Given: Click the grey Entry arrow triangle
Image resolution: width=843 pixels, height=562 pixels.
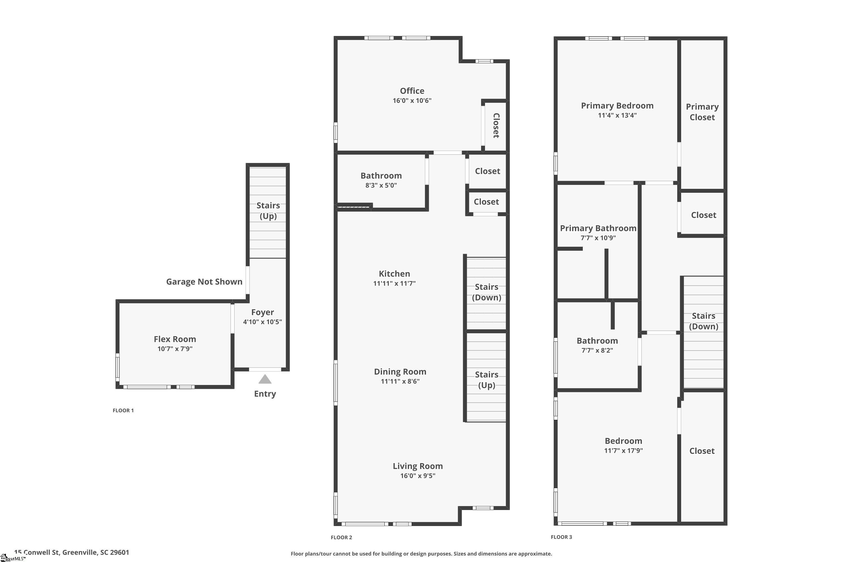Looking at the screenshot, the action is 265,379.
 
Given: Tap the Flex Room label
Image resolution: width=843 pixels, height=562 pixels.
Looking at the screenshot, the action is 175,339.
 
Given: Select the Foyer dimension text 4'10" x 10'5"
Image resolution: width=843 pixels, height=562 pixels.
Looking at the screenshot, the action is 262,322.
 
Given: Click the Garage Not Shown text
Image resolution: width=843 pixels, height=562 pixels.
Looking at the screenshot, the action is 204,282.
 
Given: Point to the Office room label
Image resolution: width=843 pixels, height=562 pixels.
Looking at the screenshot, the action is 412,91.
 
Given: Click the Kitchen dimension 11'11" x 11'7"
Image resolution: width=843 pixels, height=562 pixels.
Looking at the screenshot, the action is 394,284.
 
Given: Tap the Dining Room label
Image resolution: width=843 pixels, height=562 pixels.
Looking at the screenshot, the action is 400,372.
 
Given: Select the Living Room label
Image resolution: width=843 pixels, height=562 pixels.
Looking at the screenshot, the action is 418,466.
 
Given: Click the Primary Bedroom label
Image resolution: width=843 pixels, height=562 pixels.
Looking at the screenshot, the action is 617,106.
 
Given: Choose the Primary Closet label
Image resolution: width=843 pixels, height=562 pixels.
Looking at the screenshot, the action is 702,112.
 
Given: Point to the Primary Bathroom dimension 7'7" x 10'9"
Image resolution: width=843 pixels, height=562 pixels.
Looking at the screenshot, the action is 598,238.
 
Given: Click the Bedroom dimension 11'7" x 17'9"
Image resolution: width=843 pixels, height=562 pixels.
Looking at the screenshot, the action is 623,450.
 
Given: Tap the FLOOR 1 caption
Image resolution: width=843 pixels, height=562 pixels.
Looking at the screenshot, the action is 123,410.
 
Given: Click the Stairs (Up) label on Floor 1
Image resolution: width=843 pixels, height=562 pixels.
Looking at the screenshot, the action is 268,211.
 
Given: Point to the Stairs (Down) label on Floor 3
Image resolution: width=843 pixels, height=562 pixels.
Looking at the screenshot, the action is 704,321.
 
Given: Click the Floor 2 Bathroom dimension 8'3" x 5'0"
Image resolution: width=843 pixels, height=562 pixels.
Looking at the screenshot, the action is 381,185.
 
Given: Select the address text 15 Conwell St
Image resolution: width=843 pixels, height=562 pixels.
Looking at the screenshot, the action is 37,552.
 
